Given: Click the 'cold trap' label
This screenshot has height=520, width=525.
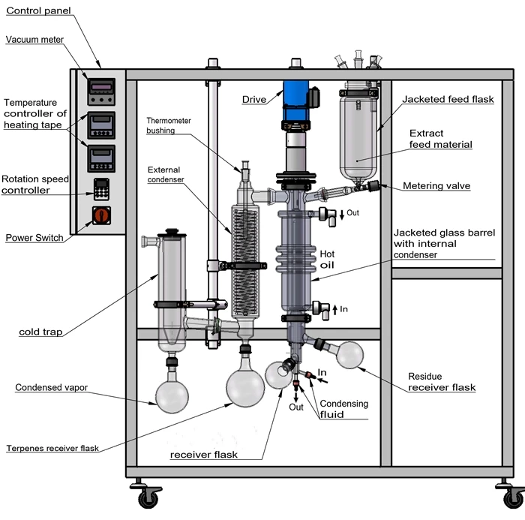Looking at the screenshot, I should pos(38,331).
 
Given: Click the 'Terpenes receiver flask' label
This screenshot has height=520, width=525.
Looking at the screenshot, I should pos(52,449).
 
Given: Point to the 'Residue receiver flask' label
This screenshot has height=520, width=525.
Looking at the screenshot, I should pos(441,382).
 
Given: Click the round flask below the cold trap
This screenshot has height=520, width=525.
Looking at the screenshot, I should pos(173,395).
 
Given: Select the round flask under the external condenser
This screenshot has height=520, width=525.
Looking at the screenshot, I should pos(245,387).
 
